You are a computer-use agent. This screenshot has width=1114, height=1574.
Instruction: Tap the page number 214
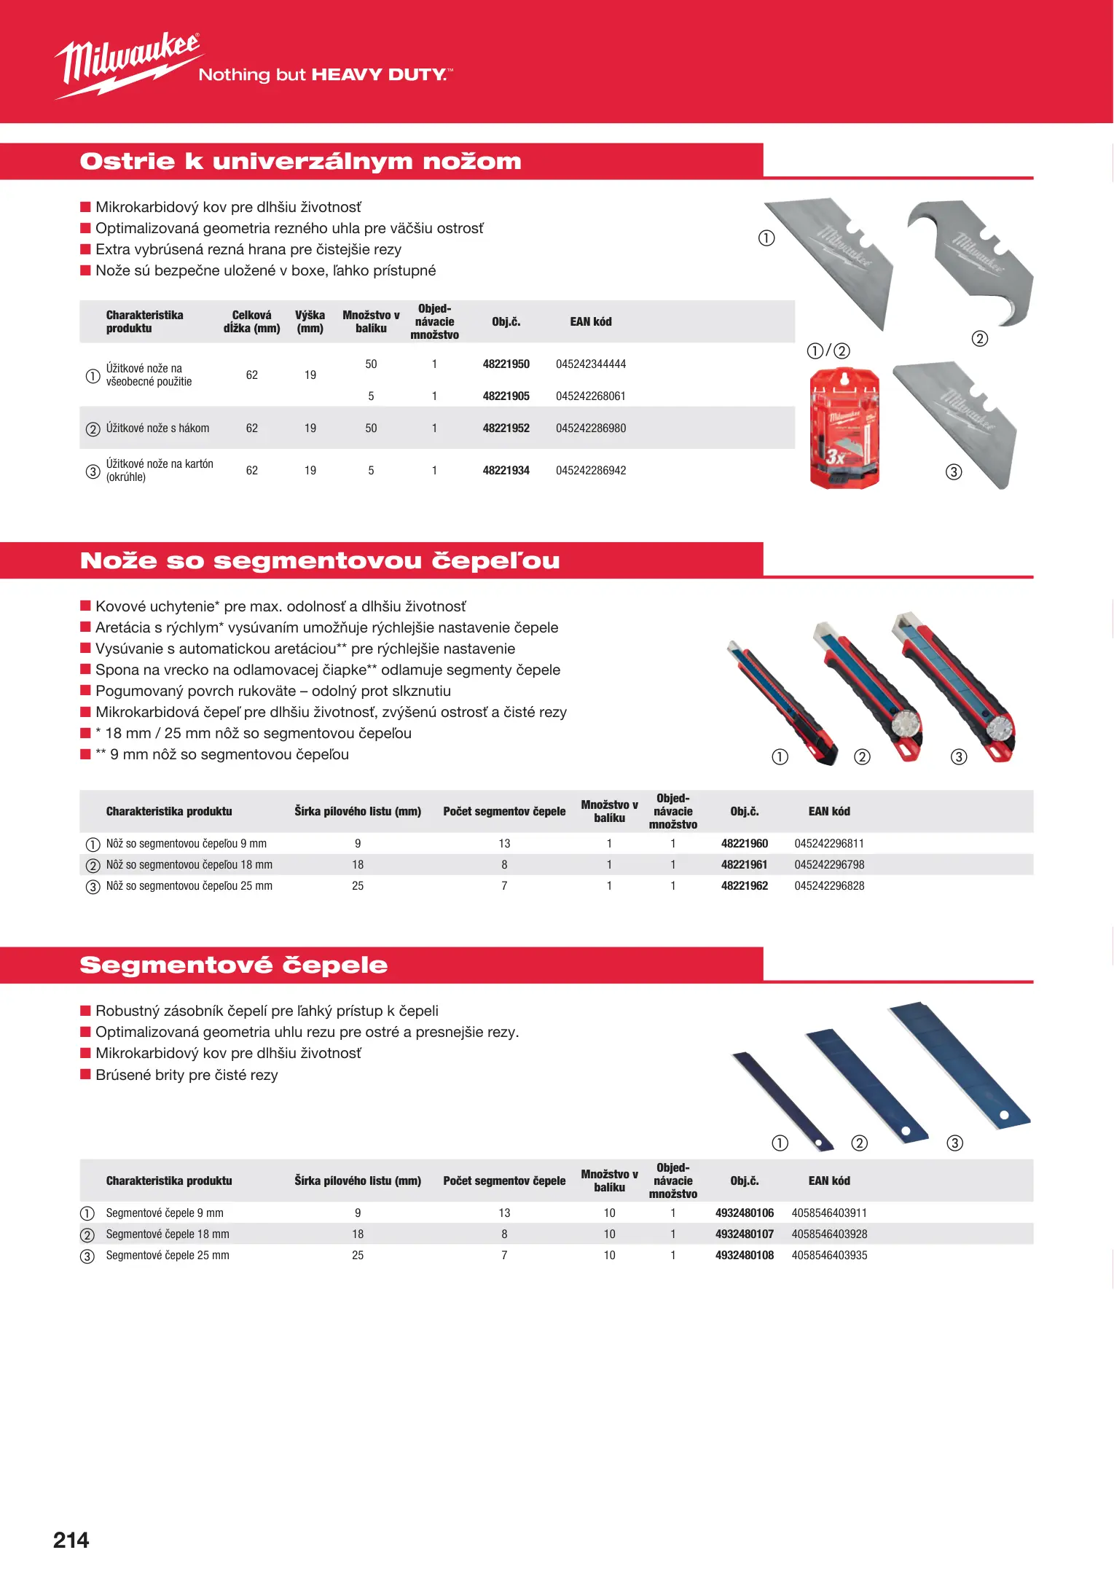pyautogui.click(x=71, y=1540)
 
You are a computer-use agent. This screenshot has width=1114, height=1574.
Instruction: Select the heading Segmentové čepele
pyautogui.click(x=233, y=965)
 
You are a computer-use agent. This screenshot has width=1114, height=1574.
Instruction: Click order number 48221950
pyautogui.click(x=506, y=364)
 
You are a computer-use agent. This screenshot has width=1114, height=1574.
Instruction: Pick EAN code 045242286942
pyautogui.click(x=591, y=471)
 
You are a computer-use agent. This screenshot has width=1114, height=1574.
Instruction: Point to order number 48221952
pyautogui.click(x=506, y=428)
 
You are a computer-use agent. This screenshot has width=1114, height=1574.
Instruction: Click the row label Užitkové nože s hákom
pyautogui.click(x=157, y=428)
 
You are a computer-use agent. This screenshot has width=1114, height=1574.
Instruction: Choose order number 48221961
pyautogui.click(x=744, y=865)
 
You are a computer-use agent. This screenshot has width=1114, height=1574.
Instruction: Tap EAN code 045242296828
pyautogui.click(x=829, y=886)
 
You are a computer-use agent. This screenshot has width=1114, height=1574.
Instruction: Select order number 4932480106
pyautogui.click(x=744, y=1213)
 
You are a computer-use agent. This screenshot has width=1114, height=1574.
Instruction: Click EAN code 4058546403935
pyautogui.click(x=829, y=1256)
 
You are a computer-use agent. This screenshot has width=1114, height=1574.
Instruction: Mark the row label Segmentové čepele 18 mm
pyautogui.click(x=168, y=1234)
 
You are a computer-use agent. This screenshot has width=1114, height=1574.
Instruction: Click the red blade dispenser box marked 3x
pyautogui.click(x=844, y=428)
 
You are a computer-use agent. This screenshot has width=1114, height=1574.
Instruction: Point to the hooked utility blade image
pyautogui.click(x=973, y=259)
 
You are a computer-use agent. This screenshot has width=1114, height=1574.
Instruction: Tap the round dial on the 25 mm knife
pyautogui.click(x=1000, y=728)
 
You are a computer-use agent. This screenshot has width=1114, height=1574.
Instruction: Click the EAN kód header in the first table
pyautogui.click(x=591, y=322)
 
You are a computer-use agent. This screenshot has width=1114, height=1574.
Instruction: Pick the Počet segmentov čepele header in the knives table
pyautogui.click(x=504, y=812)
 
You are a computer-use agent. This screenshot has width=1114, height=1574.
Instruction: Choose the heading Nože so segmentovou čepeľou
pyautogui.click(x=320, y=560)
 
